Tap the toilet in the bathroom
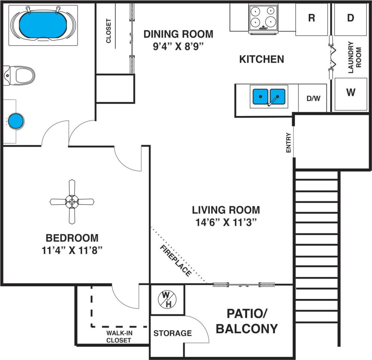21,75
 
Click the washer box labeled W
350,94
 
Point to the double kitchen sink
269,96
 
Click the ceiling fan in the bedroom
71,202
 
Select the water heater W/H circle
167,299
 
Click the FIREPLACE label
175,260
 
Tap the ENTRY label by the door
288,143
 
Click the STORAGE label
173,333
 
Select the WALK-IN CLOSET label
119,336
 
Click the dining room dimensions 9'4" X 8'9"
178,47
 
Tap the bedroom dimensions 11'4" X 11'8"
72,250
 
